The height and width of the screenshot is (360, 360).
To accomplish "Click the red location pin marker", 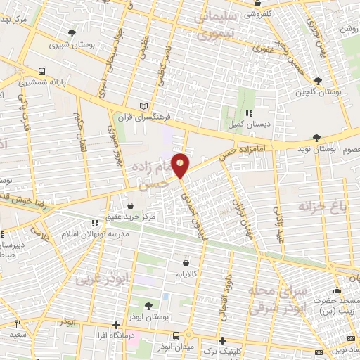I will pos(181,166).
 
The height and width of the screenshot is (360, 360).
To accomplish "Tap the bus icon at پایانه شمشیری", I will pos(42,71).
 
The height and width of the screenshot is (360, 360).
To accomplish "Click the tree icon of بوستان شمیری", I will pos(72,33).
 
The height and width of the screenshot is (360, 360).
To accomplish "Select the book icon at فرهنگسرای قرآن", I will pos(145,105).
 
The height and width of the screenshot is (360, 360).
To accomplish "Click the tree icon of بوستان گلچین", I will pos(319,81).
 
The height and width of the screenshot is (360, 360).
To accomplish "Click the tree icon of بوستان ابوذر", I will pos(148,305).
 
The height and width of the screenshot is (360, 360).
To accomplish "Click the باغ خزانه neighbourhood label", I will pos(312,206).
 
